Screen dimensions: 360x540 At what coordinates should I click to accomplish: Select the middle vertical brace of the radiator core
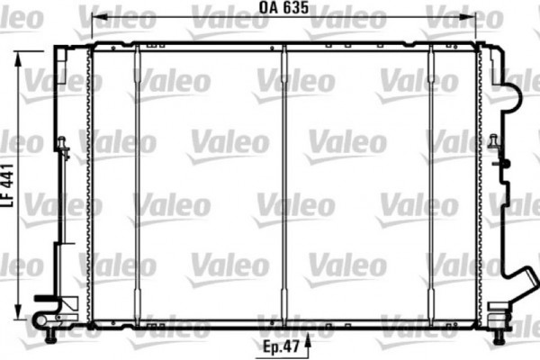pos(284,180)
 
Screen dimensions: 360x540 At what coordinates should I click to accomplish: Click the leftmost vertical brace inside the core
pos(137,180)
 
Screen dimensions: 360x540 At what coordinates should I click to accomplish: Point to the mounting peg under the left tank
pos(52,334)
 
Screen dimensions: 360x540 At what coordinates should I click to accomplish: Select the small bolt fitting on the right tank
pos(494,144)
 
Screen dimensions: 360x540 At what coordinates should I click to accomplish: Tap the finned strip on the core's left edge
pos(89,180)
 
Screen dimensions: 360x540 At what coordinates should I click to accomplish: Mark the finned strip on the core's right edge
pos(480,180)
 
